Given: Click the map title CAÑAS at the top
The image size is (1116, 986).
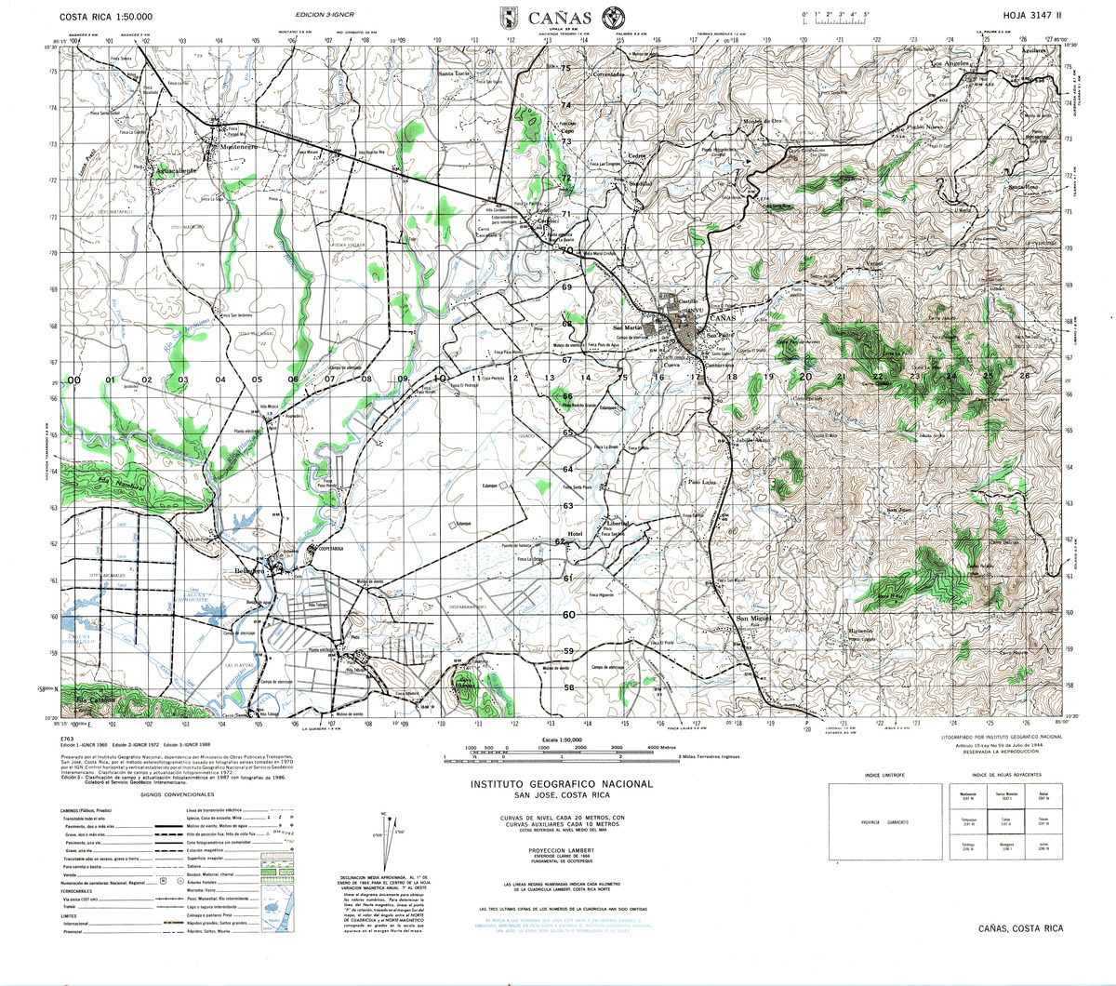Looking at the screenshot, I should pyautogui.click(x=562, y=17).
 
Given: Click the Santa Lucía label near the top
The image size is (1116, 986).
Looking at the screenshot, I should pyautogui.click(x=456, y=73).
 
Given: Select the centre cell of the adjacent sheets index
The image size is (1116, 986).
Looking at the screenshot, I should pyautogui.click(x=1003, y=820).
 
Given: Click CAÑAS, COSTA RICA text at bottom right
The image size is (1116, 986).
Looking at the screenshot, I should pyautogui.click(x=1019, y=928).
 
